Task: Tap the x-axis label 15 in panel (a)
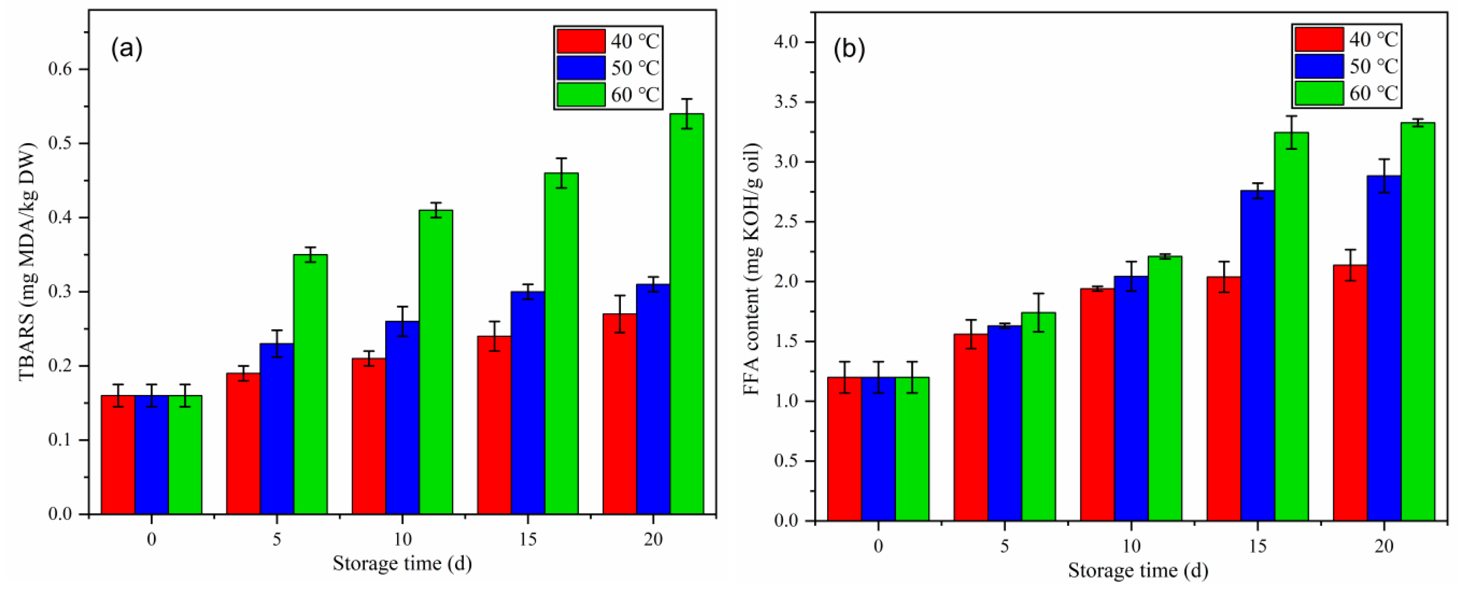coord(527,539)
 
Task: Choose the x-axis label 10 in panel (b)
coord(1131,546)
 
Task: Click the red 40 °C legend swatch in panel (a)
coord(581,41)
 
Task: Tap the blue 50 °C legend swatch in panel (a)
coord(581,67)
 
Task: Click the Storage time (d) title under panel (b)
coord(1138,570)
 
